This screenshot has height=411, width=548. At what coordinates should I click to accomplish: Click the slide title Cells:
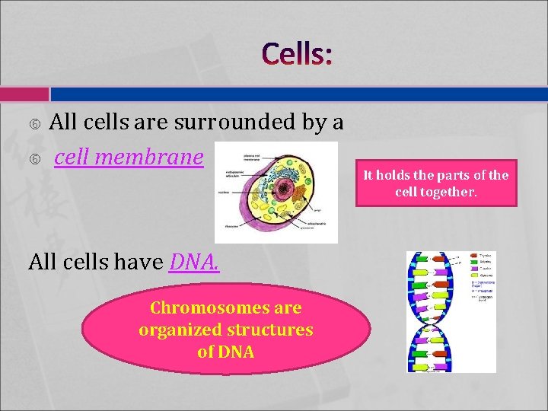click(298, 55)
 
